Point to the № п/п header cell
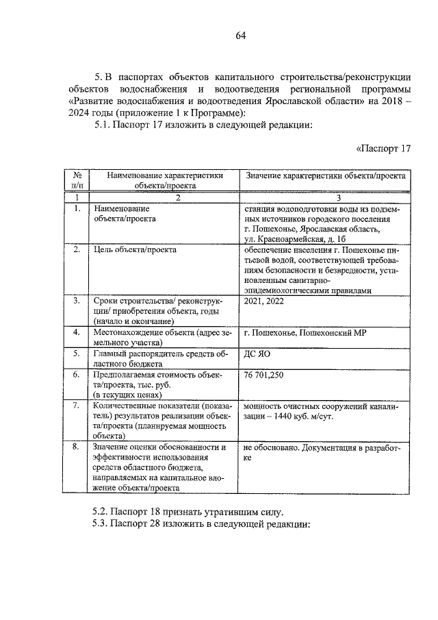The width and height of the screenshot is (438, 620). [x=77, y=180]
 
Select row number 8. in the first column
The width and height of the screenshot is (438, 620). [x=77, y=448]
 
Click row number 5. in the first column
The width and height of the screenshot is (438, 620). [x=77, y=354]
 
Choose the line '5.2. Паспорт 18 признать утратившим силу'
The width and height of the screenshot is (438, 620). [x=187, y=512]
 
